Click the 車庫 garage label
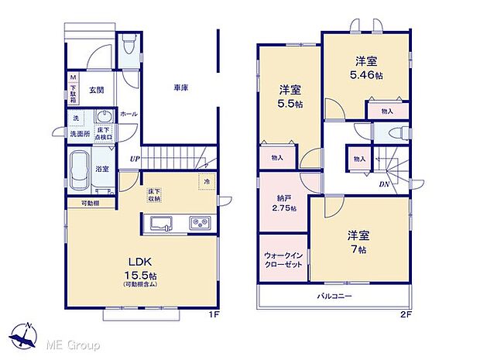coord(180,88)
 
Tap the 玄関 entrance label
coord(96,88)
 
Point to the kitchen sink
coord(163,225)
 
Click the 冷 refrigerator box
coord(207,182)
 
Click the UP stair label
coord(134,159)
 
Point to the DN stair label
coord(384,185)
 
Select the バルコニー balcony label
coord(334,297)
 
